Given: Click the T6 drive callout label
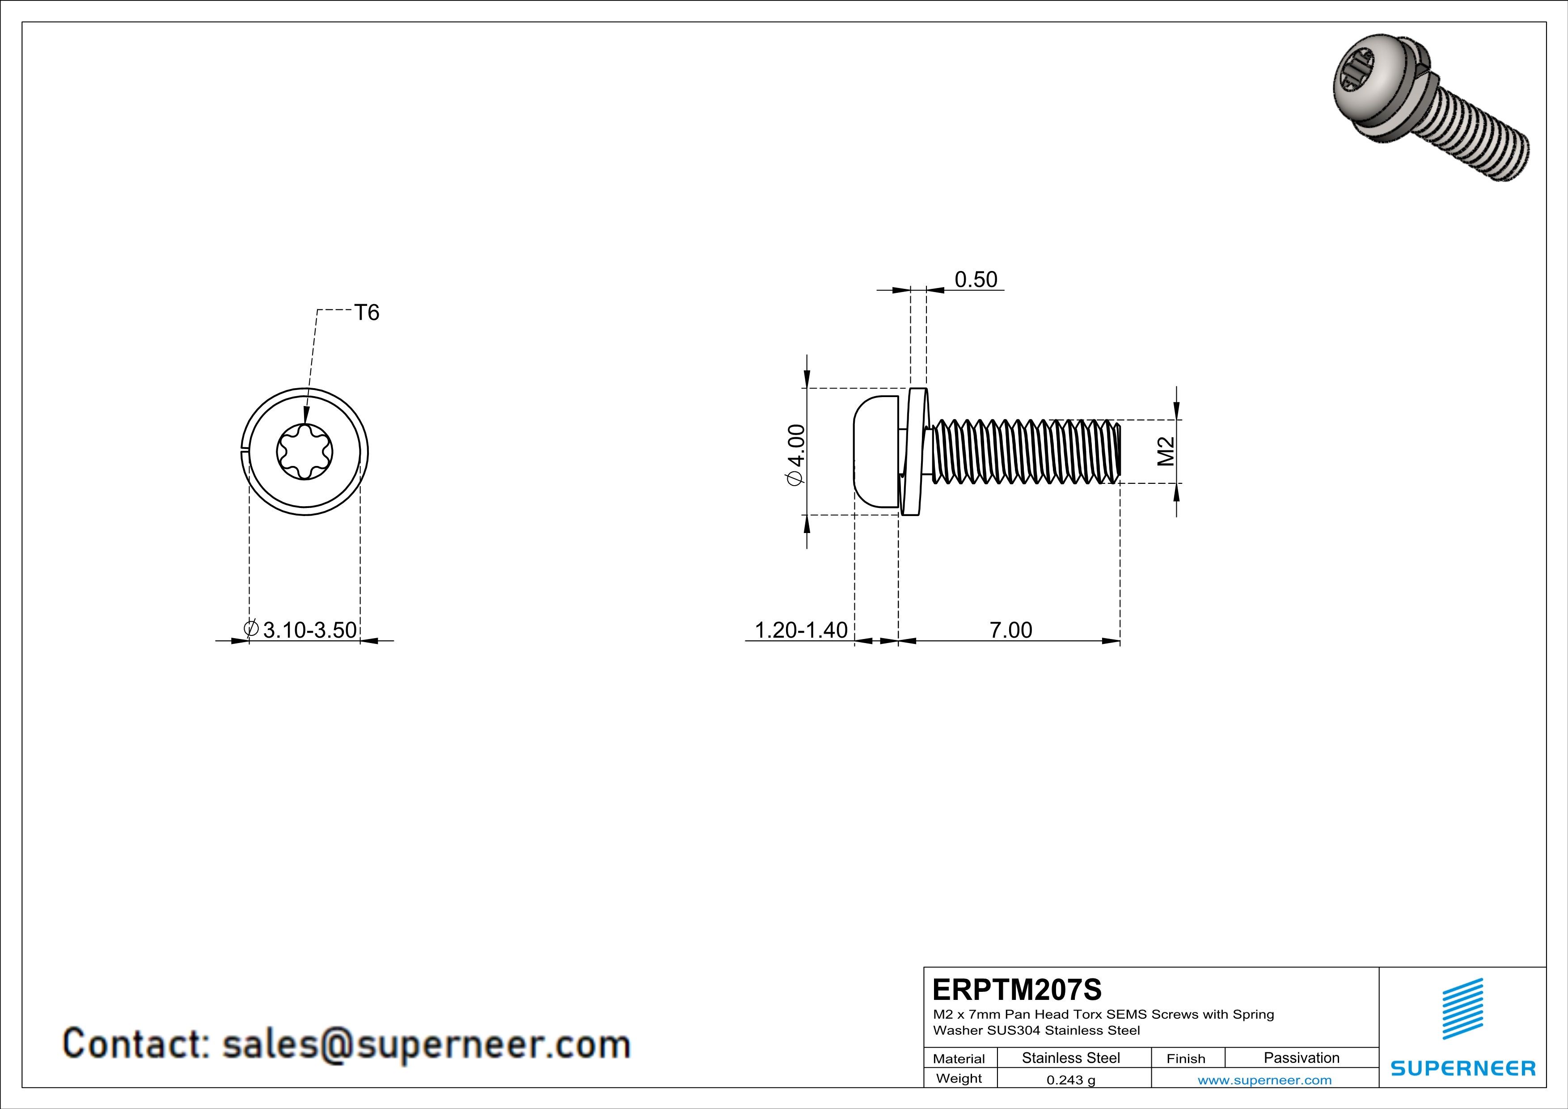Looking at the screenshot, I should [367, 313].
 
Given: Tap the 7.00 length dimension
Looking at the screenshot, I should [1011, 630].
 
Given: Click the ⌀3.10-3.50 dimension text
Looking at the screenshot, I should [301, 630].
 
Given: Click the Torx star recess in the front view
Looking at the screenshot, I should [304, 451].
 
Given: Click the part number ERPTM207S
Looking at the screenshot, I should [1017, 990].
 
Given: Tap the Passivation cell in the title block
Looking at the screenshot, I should [1301, 1058].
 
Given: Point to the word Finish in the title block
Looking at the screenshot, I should [1186, 1058].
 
